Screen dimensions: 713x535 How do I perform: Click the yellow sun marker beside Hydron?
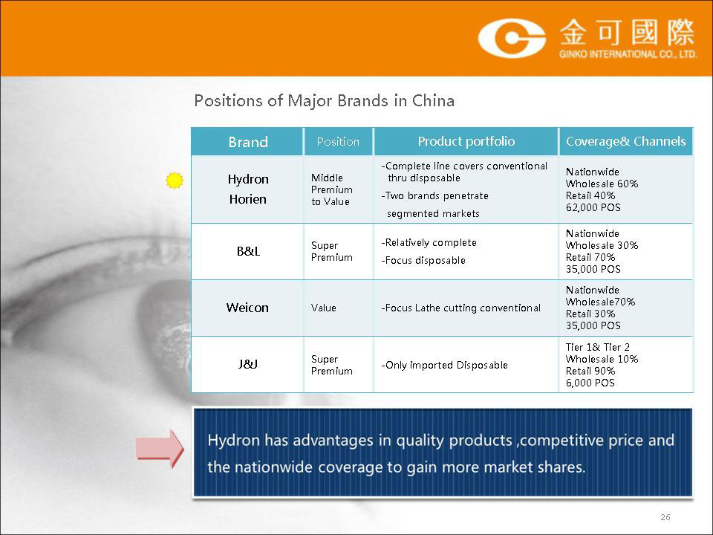point(174,181)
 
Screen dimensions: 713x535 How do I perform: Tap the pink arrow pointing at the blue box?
point(160,449)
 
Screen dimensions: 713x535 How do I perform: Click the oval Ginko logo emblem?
point(512,38)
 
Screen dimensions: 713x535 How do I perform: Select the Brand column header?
point(248,142)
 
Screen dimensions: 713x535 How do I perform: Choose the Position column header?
point(338,141)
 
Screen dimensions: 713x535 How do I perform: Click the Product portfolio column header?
point(466,141)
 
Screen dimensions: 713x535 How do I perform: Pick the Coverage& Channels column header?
point(625,141)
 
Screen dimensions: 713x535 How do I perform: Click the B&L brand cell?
point(248,251)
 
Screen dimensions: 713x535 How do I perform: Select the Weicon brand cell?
point(248,308)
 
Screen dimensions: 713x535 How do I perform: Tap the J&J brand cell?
point(248,364)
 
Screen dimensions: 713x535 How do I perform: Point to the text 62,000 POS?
point(593,207)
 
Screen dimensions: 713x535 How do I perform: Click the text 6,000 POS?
point(590,383)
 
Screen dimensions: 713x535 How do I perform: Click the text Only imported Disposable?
point(444,366)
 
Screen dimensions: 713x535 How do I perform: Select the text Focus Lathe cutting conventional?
point(461,308)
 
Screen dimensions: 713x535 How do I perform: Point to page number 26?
point(665,517)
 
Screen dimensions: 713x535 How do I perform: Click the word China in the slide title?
point(433,100)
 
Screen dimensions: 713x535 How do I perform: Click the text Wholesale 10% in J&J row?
point(602,359)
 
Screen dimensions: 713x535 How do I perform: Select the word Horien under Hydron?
point(248,199)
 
